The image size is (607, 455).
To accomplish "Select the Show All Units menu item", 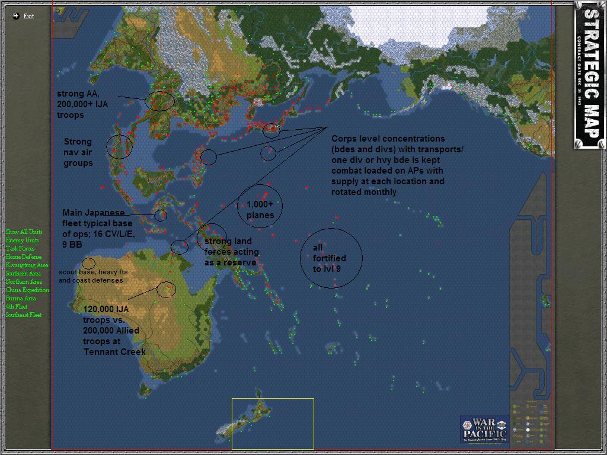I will [24, 232].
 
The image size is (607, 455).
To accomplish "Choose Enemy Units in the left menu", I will [22, 241].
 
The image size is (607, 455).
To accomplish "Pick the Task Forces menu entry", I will [20, 249].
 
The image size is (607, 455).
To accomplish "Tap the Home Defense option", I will [24, 257].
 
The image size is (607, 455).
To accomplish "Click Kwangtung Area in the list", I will [27, 265].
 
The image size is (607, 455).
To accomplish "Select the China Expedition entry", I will [27, 290].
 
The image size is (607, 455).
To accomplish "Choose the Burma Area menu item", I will [21, 299].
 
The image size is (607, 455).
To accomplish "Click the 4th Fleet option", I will [17, 307].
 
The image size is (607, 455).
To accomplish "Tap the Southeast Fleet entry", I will [24, 315].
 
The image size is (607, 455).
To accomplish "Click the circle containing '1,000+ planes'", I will [260, 206].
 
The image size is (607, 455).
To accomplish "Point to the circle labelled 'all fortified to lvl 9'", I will [330, 258].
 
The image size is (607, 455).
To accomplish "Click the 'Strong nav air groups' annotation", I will [78, 152].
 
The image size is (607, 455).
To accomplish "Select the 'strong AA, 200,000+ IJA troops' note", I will [82, 104].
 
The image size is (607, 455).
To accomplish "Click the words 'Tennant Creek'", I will [114, 352].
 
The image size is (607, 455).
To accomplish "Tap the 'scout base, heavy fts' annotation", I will [93, 272].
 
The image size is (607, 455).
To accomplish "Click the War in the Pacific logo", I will [484, 428].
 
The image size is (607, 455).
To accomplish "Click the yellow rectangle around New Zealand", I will [273, 424].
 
